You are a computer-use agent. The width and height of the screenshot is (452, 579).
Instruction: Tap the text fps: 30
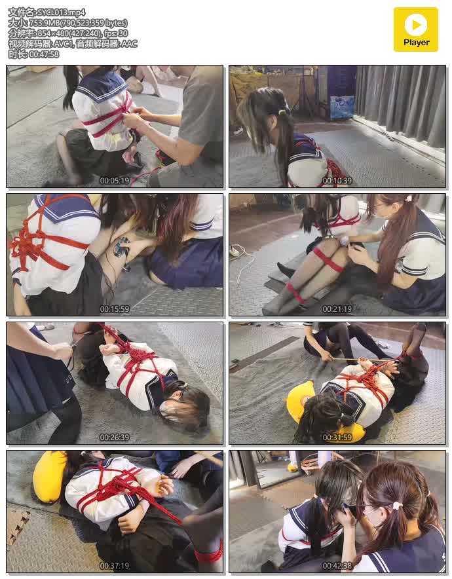116,33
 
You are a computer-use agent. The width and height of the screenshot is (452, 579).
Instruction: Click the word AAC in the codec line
129,44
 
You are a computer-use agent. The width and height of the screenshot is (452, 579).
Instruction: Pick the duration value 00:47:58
44,54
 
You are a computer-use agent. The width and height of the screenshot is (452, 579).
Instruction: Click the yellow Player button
415,29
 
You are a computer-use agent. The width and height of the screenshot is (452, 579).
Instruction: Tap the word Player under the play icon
416,43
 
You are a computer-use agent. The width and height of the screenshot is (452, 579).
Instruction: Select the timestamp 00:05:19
115,181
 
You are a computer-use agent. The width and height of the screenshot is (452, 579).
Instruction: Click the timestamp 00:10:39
337,181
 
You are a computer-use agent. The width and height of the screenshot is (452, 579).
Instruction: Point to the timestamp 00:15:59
115,308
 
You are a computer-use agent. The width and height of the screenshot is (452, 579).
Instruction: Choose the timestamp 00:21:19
337,308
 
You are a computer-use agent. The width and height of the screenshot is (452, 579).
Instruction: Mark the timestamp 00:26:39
115,438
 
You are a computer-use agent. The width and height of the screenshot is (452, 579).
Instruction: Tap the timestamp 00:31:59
337,438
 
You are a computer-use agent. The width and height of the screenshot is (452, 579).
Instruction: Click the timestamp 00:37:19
115,565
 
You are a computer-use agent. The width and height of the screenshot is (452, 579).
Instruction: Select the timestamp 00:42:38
337,565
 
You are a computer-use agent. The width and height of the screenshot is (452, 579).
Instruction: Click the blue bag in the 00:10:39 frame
341,107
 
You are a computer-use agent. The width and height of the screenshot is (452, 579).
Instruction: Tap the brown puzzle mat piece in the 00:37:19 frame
17,525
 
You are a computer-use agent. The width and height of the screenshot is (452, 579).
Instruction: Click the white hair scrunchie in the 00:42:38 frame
397,505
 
